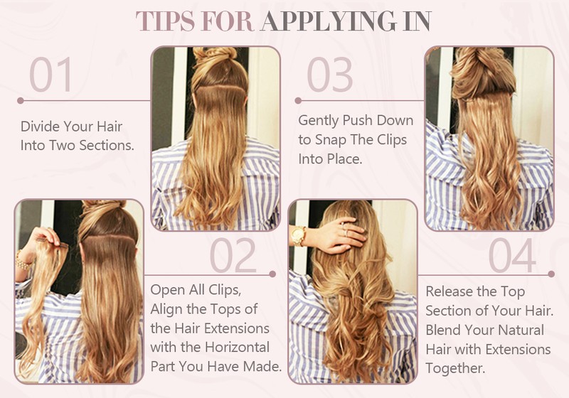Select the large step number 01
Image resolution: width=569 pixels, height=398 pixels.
(x=50, y=74)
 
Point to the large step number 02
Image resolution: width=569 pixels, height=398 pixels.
(x=233, y=255)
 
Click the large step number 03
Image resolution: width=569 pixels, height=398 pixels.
(x=329, y=74)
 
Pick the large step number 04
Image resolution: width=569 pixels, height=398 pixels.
(x=512, y=255)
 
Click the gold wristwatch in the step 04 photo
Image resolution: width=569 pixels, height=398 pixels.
(x=298, y=236)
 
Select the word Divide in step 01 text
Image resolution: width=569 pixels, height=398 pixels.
(x=40, y=127)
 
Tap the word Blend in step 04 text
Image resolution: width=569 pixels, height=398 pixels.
(x=443, y=330)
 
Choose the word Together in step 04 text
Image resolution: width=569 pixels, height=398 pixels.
(x=455, y=368)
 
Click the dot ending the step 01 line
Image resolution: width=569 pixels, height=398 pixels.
(x=21, y=100)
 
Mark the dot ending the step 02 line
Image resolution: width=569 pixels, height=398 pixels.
(x=272, y=274)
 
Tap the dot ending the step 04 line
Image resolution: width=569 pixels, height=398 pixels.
(x=551, y=274)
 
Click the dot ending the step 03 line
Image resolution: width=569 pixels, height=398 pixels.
(x=298, y=100)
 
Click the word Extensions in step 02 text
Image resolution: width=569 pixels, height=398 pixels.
(x=241, y=328)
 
